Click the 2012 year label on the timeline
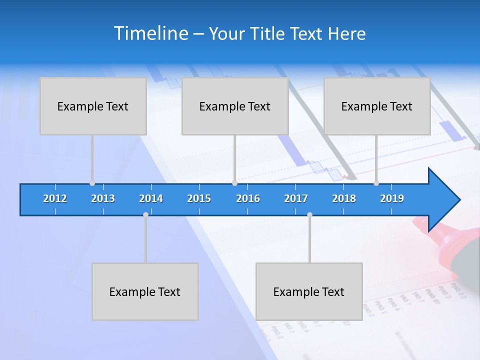(x=55, y=198)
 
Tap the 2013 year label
(x=103, y=198)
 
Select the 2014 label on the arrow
(x=151, y=198)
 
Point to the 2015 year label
(x=199, y=198)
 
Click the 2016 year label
(x=248, y=198)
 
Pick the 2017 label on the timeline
(x=296, y=198)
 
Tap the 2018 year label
(x=344, y=198)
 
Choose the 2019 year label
(x=392, y=198)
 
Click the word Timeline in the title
(x=150, y=33)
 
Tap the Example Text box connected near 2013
(x=93, y=106)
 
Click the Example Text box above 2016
(x=235, y=106)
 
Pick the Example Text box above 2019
(x=377, y=106)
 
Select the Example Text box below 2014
(x=145, y=291)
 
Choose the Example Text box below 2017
(x=309, y=291)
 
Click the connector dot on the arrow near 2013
(x=92, y=183)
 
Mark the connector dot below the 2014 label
(x=145, y=214)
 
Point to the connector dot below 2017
(x=309, y=214)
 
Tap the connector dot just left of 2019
(x=376, y=183)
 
